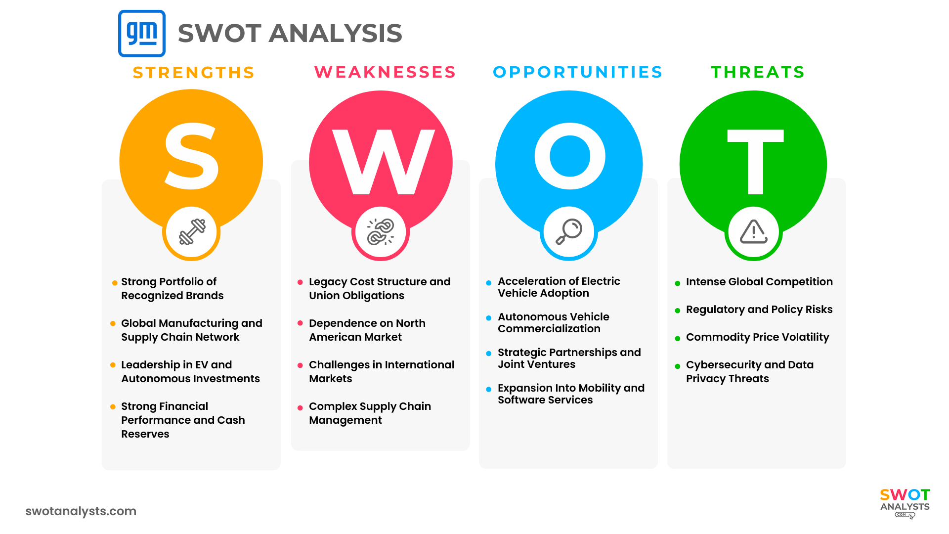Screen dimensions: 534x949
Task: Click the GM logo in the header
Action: click(142, 33)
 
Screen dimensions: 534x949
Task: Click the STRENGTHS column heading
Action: click(194, 73)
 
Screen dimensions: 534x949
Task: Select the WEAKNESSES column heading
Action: click(385, 72)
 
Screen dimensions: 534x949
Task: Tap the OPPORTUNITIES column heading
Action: click(578, 72)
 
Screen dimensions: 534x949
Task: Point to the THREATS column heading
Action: click(758, 72)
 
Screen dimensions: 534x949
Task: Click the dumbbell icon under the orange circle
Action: click(192, 232)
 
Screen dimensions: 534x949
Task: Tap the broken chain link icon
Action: click(381, 232)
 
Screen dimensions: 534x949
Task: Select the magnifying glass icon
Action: click(569, 232)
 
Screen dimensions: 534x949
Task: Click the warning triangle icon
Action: click(753, 231)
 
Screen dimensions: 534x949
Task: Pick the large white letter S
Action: click(191, 157)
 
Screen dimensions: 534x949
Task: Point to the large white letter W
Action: click(383, 162)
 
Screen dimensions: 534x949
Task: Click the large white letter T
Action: click(755, 162)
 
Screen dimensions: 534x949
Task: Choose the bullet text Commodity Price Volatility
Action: click(757, 337)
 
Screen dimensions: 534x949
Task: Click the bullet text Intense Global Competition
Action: click(759, 282)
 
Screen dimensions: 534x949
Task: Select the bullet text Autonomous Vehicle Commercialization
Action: click(553, 322)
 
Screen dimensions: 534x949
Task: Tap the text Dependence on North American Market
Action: click(367, 330)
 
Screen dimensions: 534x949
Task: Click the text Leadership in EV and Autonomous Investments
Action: click(190, 371)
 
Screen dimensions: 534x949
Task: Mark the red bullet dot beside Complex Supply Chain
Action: click(300, 408)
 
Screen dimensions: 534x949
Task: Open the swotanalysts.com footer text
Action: click(81, 511)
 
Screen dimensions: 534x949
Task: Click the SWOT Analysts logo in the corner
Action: click(905, 502)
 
